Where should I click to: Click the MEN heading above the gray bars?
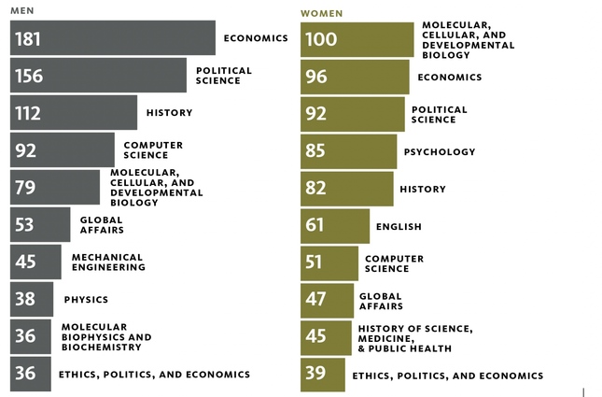[22, 9]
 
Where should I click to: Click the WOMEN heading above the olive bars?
[321, 13]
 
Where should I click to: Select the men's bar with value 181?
[112, 38]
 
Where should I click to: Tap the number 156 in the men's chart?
[29, 76]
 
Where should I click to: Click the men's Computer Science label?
[153, 149]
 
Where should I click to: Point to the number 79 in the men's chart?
[25, 188]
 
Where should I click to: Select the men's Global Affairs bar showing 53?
[40, 225]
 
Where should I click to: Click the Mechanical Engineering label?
[108, 262]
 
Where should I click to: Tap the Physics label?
[86, 300]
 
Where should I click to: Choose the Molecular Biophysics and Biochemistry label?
[106, 337]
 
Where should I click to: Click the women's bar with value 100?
[357, 39]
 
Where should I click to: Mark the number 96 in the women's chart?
[317, 77]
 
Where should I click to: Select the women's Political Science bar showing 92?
[353, 114]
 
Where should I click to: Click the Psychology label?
[439, 151]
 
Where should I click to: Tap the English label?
[399, 226]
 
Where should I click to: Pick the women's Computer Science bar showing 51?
[329, 263]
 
